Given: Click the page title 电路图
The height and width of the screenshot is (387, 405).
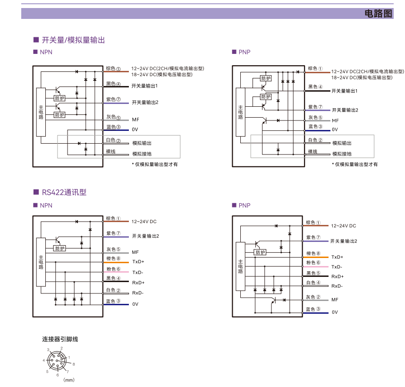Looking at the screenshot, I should coord(379,13).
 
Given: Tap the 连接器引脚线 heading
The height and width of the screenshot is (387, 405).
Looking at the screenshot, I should coord(60,339).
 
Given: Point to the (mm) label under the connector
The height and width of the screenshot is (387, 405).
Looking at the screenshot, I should coord(69,379).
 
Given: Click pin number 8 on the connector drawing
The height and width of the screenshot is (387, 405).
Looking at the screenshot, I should coord(74,364).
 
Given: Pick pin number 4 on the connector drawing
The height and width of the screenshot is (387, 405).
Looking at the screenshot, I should coord(44,361).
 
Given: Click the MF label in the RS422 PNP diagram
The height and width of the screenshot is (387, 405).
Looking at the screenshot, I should coord(335,300).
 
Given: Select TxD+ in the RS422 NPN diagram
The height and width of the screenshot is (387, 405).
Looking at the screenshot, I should coord(138,261).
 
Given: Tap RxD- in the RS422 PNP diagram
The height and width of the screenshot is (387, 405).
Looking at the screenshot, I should coord(337,286).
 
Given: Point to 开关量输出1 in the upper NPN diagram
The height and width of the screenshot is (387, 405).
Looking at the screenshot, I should coord(144,86).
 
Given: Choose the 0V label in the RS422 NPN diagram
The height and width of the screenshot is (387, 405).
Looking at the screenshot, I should coord(135,304).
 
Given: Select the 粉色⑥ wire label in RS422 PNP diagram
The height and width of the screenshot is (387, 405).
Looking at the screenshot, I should coord(313,263).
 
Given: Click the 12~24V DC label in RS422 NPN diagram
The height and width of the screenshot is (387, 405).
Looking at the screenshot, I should coord(144,221).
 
